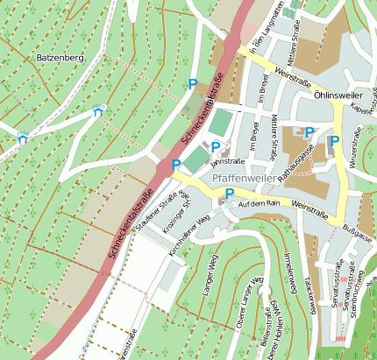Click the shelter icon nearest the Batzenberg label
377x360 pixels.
(x=96, y=111)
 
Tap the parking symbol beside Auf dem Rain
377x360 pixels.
(x=230, y=193)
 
